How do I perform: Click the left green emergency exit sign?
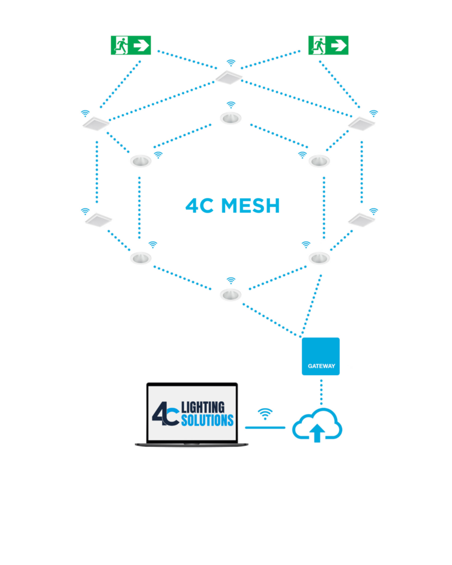click(x=131, y=45)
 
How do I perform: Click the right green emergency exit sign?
click(x=328, y=45)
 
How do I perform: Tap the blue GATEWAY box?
click(x=321, y=356)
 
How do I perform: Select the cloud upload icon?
click(x=317, y=425)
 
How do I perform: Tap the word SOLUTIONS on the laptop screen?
click(x=208, y=420)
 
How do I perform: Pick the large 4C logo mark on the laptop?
click(x=166, y=414)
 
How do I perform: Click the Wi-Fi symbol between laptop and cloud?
click(x=265, y=413)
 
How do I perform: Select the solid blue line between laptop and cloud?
click(x=265, y=427)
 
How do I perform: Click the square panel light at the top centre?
click(x=229, y=77)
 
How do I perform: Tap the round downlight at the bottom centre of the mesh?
click(x=231, y=294)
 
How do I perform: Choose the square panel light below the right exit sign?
click(x=361, y=124)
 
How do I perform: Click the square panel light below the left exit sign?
click(x=96, y=124)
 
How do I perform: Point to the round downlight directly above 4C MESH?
click(x=231, y=118)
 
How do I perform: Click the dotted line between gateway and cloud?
click(x=321, y=391)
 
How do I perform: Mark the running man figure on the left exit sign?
click(x=120, y=45)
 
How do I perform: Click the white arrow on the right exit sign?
click(x=338, y=45)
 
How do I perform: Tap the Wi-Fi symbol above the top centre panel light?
click(x=231, y=63)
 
